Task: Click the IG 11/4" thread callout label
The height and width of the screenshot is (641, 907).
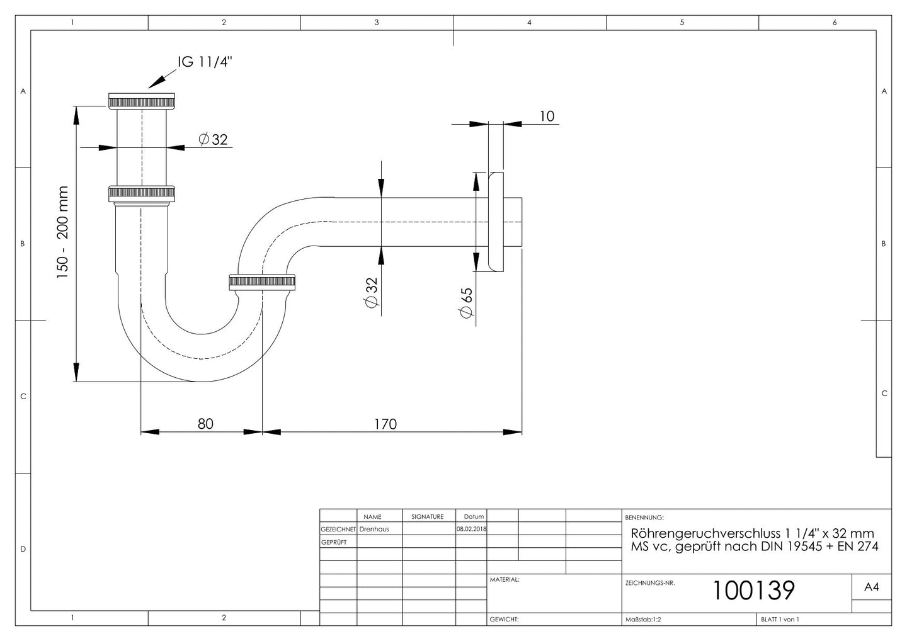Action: [205, 62]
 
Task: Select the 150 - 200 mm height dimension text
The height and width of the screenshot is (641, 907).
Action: [62, 232]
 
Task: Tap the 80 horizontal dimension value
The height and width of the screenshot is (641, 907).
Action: [205, 424]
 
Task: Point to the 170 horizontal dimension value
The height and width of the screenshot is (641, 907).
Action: [385, 424]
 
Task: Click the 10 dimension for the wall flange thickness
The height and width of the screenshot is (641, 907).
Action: [547, 116]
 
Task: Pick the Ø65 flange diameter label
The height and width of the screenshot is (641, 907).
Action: [466, 303]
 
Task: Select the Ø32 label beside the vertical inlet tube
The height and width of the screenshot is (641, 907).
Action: [213, 139]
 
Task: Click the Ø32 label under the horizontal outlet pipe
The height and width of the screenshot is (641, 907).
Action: [372, 293]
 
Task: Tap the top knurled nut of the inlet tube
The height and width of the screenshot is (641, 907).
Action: [142, 101]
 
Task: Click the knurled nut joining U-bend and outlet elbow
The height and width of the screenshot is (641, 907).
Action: [262, 282]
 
